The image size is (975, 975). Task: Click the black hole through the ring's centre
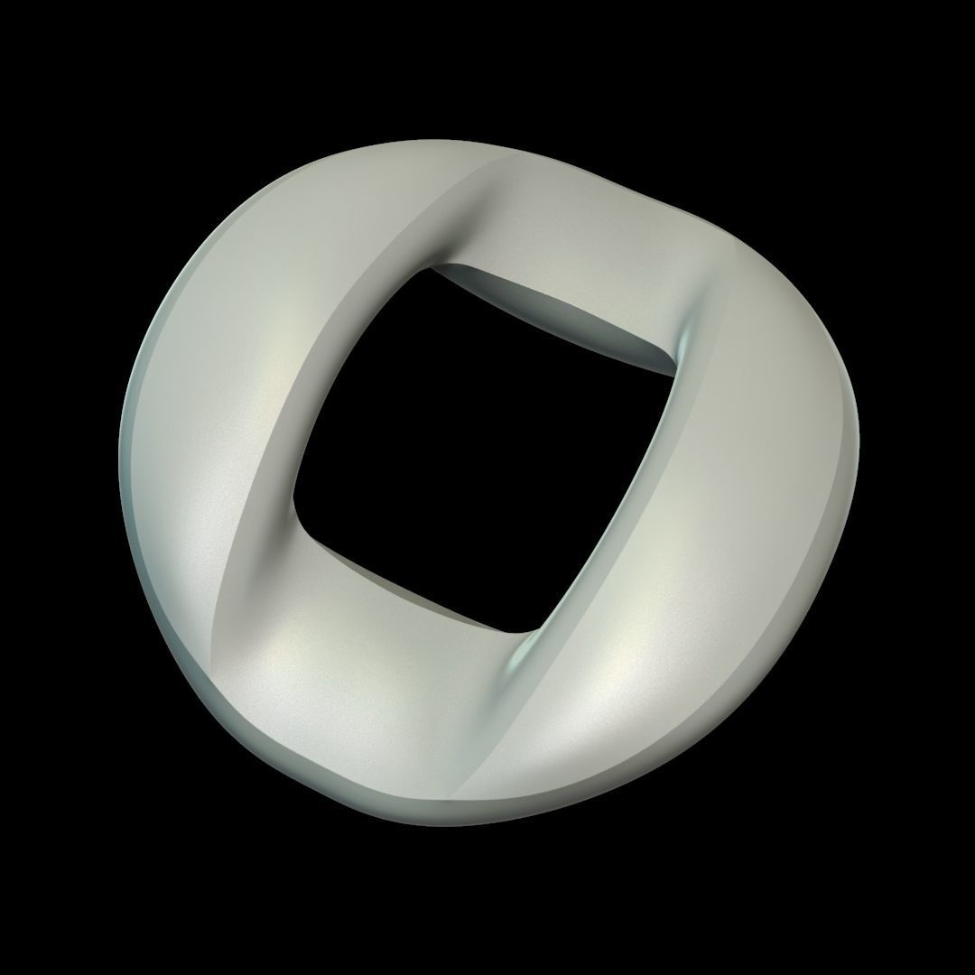click(x=487, y=442)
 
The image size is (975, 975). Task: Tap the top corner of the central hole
click(x=433, y=267)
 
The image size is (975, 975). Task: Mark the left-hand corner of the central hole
click(x=296, y=502)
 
